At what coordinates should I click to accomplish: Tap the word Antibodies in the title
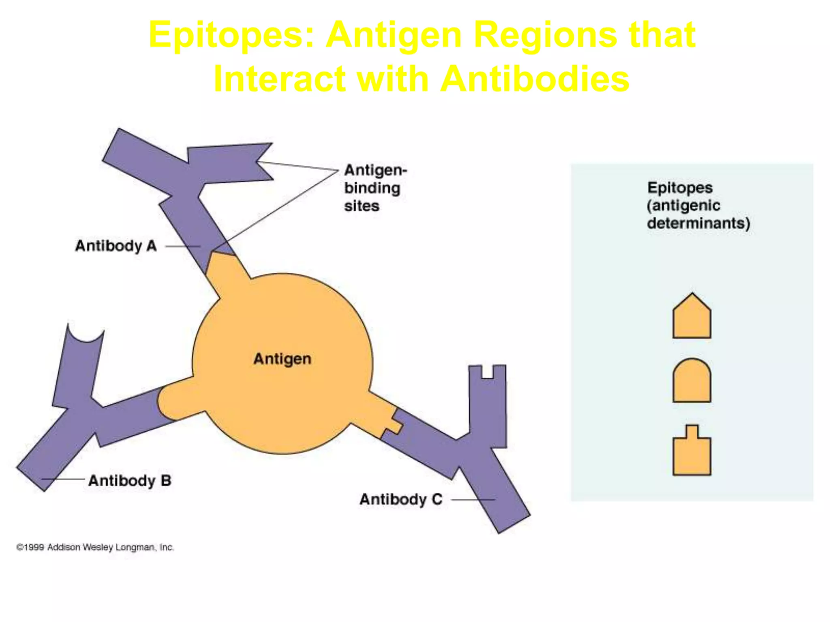click(x=535, y=79)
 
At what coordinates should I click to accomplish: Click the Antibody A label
click(x=116, y=246)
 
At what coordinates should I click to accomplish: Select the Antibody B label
click(x=130, y=481)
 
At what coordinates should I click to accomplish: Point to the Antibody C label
click(x=401, y=499)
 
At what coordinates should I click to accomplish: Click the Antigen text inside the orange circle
click(x=282, y=359)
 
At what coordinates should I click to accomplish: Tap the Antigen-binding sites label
click(x=375, y=188)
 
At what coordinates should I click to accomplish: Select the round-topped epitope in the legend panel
click(x=691, y=381)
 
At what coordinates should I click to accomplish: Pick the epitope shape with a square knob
click(x=691, y=452)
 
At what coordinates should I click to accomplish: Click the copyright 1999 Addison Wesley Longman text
click(x=95, y=547)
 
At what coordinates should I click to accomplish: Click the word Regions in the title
click(x=545, y=36)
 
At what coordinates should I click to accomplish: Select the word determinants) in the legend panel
click(x=698, y=223)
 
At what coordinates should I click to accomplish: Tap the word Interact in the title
click(x=280, y=79)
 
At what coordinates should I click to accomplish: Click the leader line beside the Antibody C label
click(x=472, y=500)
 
